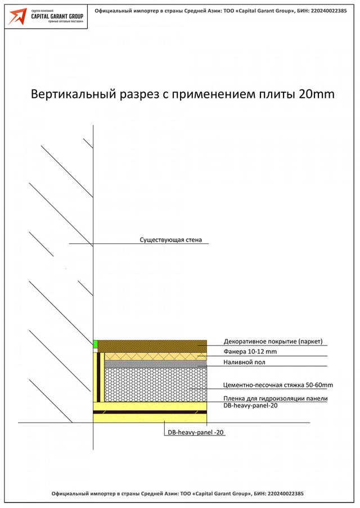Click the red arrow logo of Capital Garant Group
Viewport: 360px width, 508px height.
(17, 16)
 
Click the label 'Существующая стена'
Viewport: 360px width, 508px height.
(170, 240)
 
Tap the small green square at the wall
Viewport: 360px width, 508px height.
(96, 344)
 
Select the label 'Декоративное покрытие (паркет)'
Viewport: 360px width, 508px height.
(273, 342)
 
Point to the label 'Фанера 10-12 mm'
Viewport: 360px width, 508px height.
(250, 352)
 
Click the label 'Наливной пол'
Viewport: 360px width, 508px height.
(244, 362)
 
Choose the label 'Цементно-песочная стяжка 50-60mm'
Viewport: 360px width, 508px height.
(278, 385)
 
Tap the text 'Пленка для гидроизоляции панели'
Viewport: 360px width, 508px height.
(276, 398)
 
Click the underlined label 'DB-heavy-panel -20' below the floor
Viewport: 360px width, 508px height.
(196, 432)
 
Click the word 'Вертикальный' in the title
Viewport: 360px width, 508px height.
(73, 94)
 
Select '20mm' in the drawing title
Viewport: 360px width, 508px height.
(316, 94)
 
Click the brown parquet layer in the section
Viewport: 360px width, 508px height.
(152, 346)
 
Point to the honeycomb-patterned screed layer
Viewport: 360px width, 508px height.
(156, 384)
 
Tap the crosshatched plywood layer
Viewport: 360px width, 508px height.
(156, 356)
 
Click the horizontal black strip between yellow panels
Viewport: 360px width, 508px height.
(150, 412)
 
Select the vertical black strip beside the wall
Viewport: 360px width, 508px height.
(98, 377)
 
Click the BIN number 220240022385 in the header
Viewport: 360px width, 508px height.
(328, 11)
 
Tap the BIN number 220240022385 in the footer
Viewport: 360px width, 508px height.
(285, 493)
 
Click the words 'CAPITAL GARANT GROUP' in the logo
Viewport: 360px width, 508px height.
(57, 16)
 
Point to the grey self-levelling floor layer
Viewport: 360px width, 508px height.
(156, 364)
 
